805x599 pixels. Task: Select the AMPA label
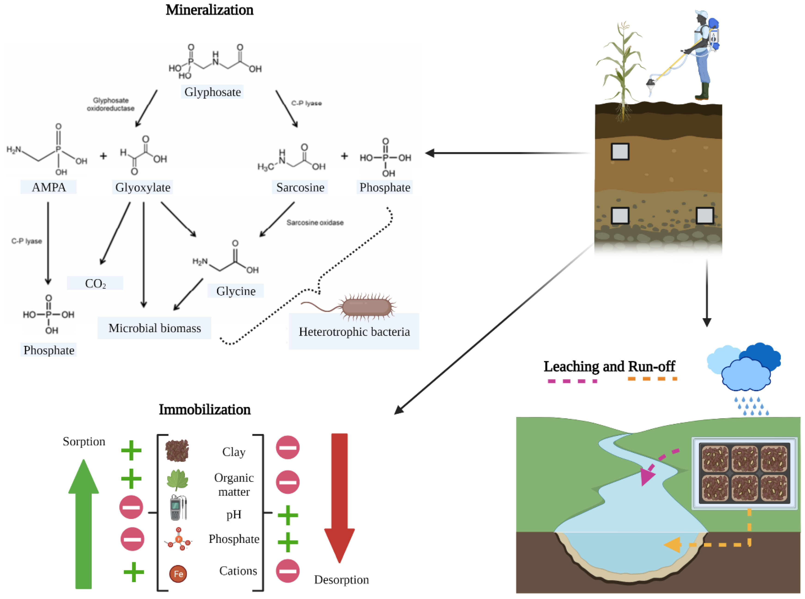pos(49,187)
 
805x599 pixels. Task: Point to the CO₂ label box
pos(95,283)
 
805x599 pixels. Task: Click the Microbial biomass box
pos(154,328)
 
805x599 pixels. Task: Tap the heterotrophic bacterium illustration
pos(366,307)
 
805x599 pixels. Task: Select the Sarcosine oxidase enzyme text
pos(315,223)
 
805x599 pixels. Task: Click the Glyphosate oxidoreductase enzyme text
pos(111,104)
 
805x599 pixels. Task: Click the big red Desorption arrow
pos(340,497)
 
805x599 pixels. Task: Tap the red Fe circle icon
pos(178,574)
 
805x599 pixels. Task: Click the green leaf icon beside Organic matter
pos(177,479)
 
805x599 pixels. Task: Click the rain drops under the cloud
pos(751,406)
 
